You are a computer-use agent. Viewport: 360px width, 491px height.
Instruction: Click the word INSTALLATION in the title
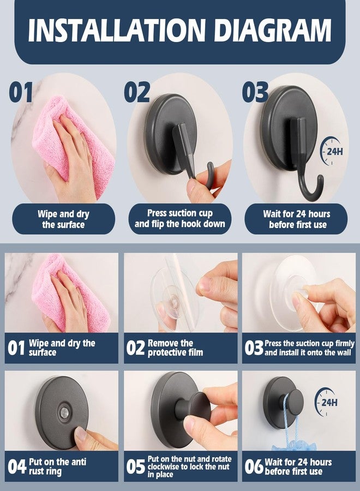click(116, 30)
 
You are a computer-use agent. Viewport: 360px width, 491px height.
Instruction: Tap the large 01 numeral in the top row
click(21, 92)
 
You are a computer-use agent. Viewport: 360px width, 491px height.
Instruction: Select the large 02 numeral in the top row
click(137, 92)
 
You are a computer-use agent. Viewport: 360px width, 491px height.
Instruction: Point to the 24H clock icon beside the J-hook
click(331, 151)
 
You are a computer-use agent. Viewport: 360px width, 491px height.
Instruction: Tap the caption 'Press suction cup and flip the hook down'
click(180, 219)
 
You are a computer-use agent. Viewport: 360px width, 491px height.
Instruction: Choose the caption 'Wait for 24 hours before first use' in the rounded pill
click(296, 219)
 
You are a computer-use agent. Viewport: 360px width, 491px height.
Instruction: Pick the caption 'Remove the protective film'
click(175, 348)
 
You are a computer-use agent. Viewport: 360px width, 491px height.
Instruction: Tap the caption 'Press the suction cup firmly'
click(309, 343)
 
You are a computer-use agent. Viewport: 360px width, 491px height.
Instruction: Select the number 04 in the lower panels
click(17, 466)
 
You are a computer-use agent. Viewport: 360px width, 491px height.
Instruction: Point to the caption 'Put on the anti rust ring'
click(58, 466)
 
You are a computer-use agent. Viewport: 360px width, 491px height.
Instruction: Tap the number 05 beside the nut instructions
click(136, 467)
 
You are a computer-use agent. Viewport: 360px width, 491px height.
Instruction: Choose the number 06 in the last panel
click(254, 467)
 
